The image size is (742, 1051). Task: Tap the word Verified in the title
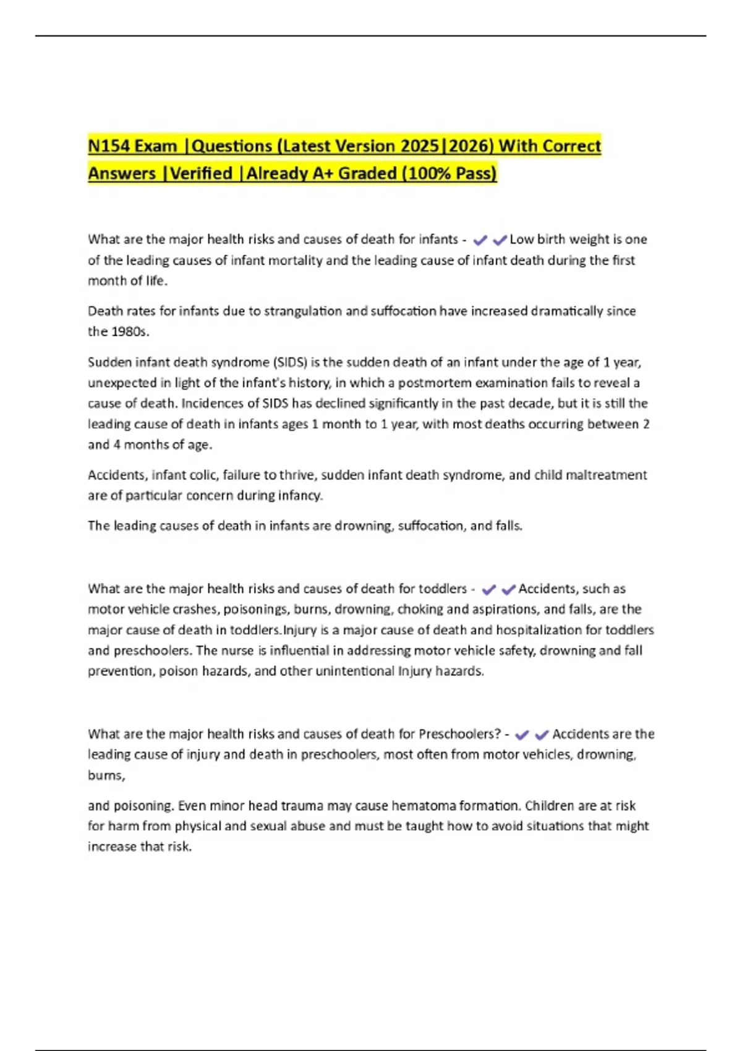(x=201, y=174)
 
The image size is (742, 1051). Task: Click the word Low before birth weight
(x=521, y=240)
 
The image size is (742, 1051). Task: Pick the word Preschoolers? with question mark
(x=459, y=734)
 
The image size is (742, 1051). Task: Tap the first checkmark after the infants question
(x=480, y=240)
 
